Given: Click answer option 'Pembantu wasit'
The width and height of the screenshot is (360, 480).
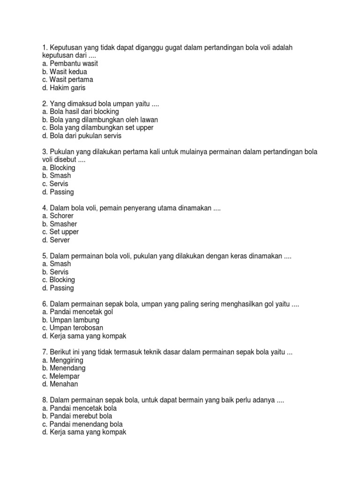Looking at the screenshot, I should [70, 63].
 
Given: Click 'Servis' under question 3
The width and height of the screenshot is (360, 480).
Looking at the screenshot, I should [58, 184].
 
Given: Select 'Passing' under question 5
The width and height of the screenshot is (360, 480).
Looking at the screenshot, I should [61, 288].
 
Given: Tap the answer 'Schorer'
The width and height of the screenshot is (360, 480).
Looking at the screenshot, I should [61, 216].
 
